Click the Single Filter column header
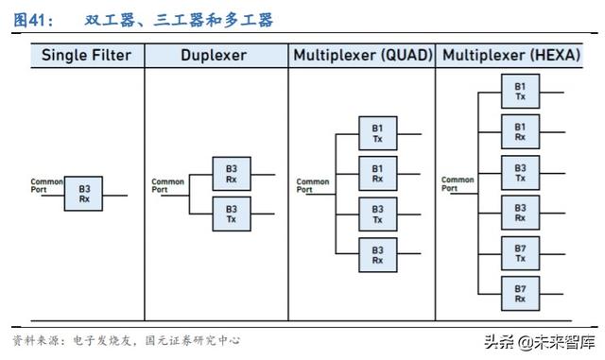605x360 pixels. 86,55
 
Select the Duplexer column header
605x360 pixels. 214,55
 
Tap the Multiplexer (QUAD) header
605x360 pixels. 362,55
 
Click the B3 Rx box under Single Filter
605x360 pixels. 84,194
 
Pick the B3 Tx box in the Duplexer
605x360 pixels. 231,214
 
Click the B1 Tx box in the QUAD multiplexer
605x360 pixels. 377,133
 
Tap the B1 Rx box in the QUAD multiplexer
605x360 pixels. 377,173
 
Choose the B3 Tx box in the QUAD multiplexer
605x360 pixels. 377,214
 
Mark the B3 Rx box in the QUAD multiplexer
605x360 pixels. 377,254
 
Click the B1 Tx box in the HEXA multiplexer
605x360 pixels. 520,92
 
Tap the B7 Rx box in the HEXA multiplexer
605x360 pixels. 520,294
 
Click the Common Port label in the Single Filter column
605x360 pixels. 46,184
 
